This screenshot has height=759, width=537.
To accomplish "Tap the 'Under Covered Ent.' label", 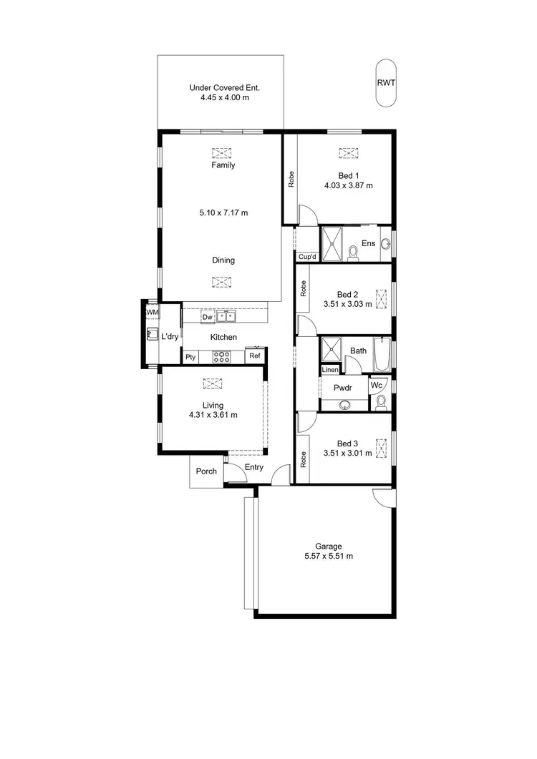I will click(224, 88).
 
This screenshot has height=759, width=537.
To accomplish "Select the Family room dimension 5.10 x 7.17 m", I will click(223, 212).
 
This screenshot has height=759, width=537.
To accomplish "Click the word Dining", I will click(223, 260).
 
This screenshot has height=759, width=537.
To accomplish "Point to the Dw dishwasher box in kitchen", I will click(207, 317).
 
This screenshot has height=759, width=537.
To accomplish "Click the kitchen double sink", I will click(226, 316).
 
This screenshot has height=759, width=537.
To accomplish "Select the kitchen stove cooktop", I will click(221, 356).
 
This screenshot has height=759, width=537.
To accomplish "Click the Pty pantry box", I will click(190, 357).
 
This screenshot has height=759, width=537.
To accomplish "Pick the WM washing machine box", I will click(152, 313).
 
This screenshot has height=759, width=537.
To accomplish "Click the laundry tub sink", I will click(152, 333).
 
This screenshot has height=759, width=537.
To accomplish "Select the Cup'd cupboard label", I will click(307, 257).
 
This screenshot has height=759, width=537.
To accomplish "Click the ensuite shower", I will click(332, 244).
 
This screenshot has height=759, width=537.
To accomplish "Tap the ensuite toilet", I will click(352, 253).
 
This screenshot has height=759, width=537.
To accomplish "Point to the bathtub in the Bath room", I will click(382, 354).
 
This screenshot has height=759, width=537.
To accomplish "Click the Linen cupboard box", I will click(329, 370).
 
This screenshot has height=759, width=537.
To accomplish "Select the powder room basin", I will click(344, 404).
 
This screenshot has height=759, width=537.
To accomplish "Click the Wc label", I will click(376, 385).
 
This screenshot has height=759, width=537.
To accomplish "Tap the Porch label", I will click(206, 471).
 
